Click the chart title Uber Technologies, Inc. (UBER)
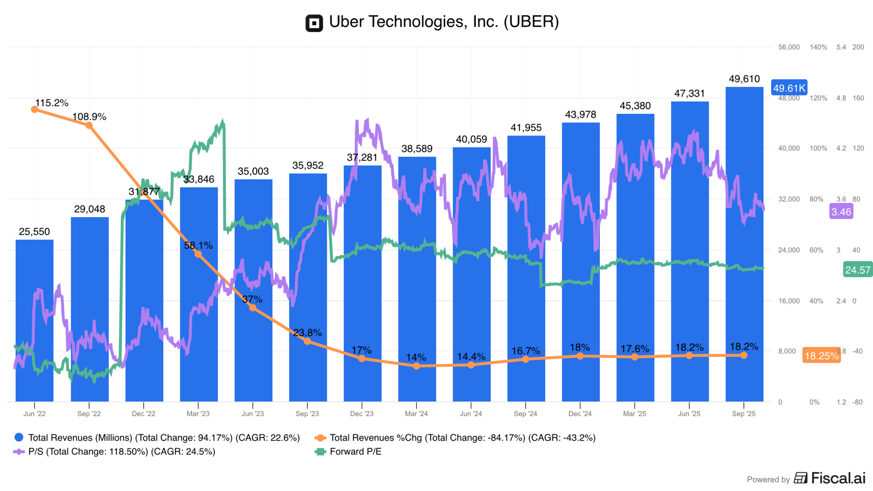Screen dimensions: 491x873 pyautogui.click(x=444, y=22)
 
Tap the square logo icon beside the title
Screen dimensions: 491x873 pyautogui.click(x=314, y=23)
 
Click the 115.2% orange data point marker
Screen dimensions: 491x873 pyautogui.click(x=35, y=110)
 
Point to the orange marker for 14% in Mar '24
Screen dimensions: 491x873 pyautogui.click(x=416, y=366)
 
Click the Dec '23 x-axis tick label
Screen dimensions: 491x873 pyautogui.click(x=361, y=414)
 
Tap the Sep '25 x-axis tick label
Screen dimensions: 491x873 pyautogui.click(x=743, y=414)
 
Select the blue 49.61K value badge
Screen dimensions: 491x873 pyautogui.click(x=789, y=88)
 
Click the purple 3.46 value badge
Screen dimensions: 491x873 pyautogui.click(x=841, y=212)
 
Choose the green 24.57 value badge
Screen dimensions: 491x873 pyautogui.click(x=858, y=270)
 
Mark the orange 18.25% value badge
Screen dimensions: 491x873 pyautogui.click(x=821, y=356)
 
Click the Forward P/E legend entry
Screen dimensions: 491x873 pyautogui.click(x=355, y=451)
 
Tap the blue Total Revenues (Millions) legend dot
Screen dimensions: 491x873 pyautogui.click(x=19, y=437)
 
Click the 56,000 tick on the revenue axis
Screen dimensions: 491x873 pyautogui.click(x=788, y=47)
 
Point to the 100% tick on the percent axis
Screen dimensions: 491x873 pyautogui.click(x=818, y=148)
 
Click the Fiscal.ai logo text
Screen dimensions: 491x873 pyautogui.click(x=838, y=478)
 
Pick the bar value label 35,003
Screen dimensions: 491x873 pyautogui.click(x=253, y=171)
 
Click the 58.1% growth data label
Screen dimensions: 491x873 pyautogui.click(x=198, y=245)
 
